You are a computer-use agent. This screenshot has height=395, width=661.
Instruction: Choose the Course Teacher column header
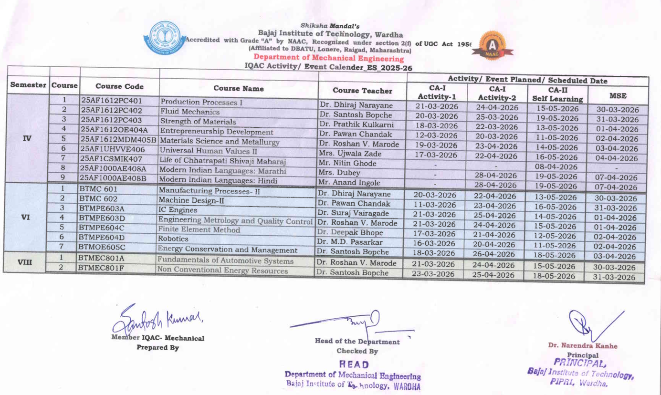click(363, 91)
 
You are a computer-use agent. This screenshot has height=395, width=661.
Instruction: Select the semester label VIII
click(25, 262)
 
